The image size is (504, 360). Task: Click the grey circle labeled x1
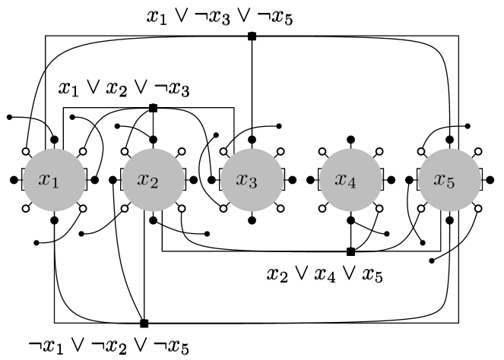[x=53, y=180]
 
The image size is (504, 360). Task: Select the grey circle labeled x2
[x=153, y=180]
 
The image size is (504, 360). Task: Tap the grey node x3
[x=252, y=180]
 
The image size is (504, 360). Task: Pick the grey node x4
[x=350, y=180]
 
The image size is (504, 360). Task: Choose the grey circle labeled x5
[x=449, y=180]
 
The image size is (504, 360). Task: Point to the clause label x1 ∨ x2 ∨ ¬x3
[x=125, y=89]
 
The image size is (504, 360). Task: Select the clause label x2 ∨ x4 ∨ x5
[x=325, y=274]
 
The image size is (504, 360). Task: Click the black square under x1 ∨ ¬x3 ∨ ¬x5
[x=252, y=36]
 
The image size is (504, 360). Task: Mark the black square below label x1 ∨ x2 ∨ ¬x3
[x=153, y=108]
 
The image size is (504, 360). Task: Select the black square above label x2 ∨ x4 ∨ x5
[x=350, y=251]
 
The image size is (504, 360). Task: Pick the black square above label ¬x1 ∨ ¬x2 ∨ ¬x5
[x=144, y=323]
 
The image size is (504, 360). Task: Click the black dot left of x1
[x=14, y=180]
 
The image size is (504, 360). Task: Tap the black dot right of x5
[x=489, y=180]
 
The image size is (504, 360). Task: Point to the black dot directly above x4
[x=350, y=140]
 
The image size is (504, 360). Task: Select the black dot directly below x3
[x=252, y=220]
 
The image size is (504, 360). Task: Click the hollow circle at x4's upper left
[x=322, y=151]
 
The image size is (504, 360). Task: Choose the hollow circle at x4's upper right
[x=379, y=151]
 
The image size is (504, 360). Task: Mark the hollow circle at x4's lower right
[x=379, y=208]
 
